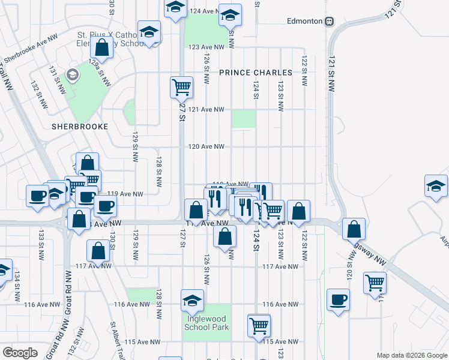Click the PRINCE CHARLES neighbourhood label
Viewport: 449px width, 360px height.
(x=255, y=73)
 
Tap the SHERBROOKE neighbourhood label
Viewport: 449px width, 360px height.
(x=79, y=127)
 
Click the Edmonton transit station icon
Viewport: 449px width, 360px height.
(x=329, y=22)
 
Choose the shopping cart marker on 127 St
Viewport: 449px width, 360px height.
(x=181, y=88)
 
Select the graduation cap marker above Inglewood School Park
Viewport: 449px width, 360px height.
(x=192, y=300)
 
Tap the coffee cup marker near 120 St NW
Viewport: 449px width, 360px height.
(x=338, y=299)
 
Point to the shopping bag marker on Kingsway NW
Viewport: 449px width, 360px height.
(x=354, y=229)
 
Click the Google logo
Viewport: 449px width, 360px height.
(x=20, y=352)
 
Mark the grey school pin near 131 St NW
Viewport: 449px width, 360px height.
(x=73, y=75)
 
